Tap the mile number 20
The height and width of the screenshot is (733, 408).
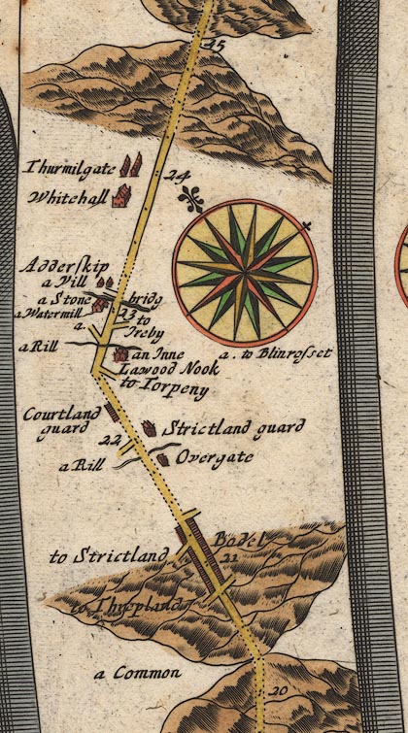pyautogui.click(x=279, y=690)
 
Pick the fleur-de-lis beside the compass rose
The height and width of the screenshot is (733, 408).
pyautogui.click(x=191, y=199)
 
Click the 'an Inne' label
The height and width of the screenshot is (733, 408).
pyautogui.click(x=153, y=354)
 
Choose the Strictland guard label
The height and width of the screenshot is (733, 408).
pyautogui.click(x=233, y=426)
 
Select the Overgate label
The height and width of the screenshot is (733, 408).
pyautogui.click(x=217, y=455)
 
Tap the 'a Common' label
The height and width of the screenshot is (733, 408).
pyautogui.click(x=138, y=672)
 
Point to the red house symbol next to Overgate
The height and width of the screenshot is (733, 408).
pyautogui.click(x=164, y=457)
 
